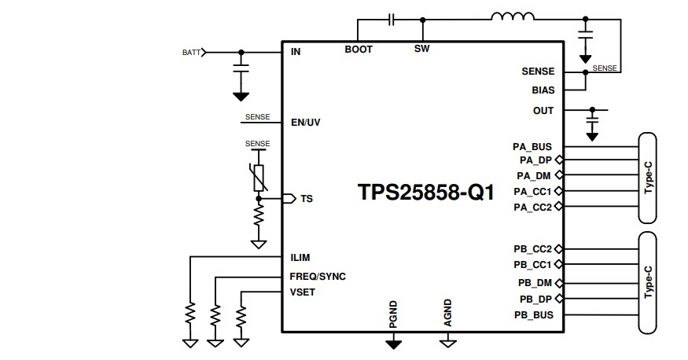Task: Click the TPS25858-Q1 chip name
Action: (426, 193)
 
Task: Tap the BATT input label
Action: (191, 53)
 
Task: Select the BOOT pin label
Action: (359, 50)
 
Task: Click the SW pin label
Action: (421, 50)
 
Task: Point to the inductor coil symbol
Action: (513, 17)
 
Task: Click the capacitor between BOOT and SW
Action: (391, 17)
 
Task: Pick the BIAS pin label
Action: (543, 90)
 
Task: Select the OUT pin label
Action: (543, 111)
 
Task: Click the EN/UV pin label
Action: (306, 123)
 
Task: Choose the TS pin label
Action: (307, 199)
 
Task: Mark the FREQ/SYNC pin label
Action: (318, 277)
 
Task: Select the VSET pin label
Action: (304, 292)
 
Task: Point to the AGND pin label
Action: (447, 312)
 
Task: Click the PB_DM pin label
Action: (534, 282)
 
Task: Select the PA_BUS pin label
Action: (532, 146)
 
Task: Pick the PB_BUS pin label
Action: (533, 315)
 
